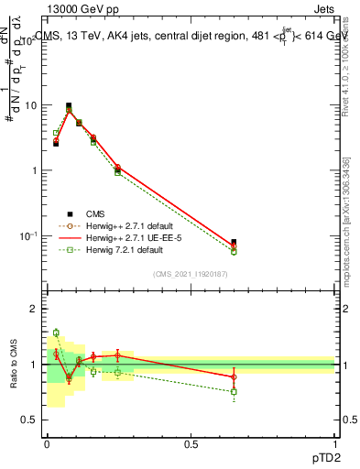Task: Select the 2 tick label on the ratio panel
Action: (33, 309)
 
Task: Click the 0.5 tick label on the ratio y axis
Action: (29, 420)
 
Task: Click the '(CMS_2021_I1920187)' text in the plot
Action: (190, 273)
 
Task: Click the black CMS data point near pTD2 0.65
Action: (234, 243)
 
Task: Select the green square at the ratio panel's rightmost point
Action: (234, 392)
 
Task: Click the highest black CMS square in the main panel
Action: (69, 106)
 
